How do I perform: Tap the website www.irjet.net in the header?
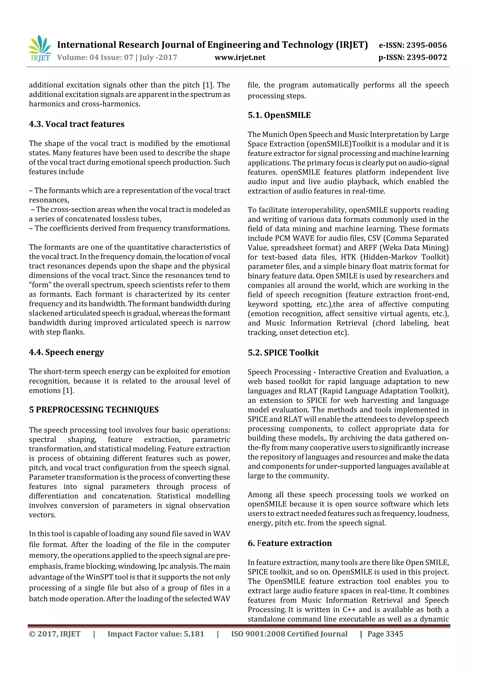(x=240, y=57)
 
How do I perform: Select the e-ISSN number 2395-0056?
(x=426, y=45)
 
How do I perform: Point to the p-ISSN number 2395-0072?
(x=427, y=57)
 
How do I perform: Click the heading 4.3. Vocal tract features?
(x=77, y=124)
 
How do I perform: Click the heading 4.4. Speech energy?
(x=66, y=352)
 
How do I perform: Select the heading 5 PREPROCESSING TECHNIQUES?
(x=94, y=410)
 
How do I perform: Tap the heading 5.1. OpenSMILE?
(x=279, y=115)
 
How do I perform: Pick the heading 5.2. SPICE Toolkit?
(x=283, y=353)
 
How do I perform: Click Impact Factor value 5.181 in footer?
(x=155, y=634)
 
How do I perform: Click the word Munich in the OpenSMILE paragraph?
(x=274, y=134)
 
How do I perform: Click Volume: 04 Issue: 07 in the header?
(x=95, y=57)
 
